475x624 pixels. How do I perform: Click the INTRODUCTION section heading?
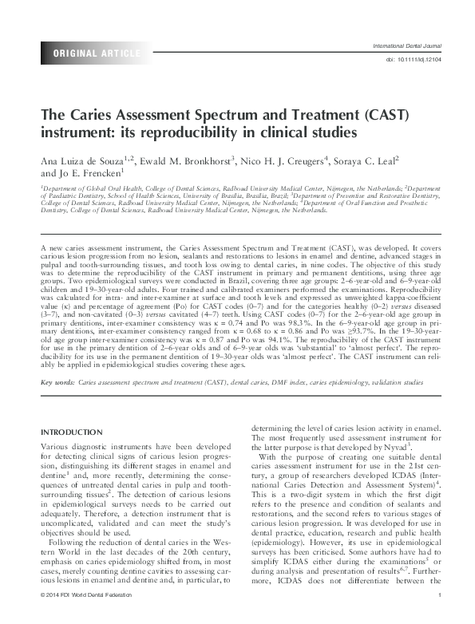pos(73,432)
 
